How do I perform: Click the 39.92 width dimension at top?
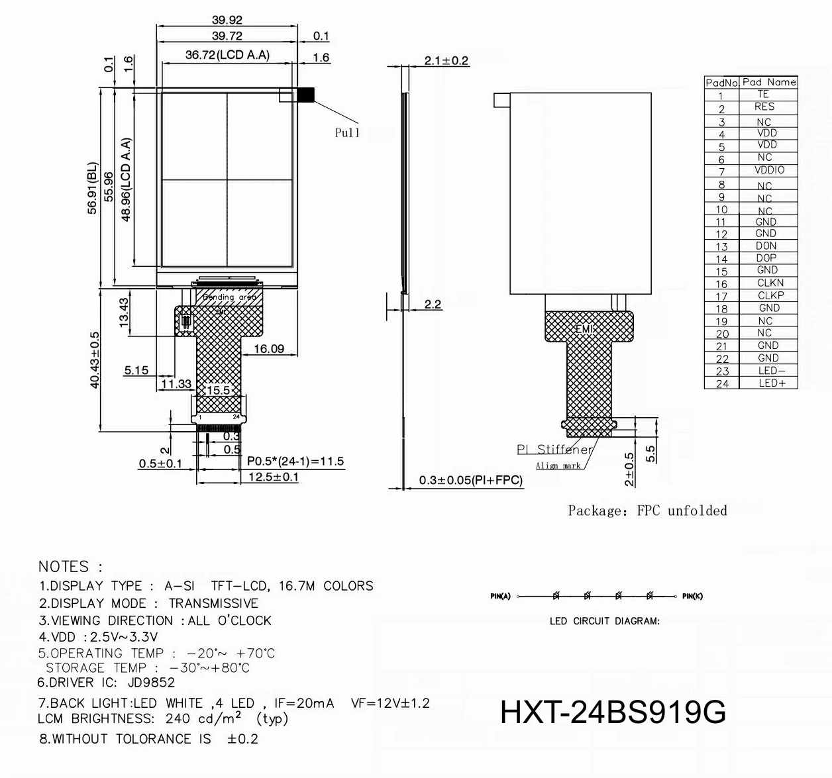click(x=227, y=20)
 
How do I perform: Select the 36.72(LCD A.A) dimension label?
click(x=227, y=55)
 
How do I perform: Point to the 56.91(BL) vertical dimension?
click(x=92, y=188)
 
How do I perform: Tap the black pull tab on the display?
click(x=306, y=95)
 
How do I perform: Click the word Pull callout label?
click(x=347, y=133)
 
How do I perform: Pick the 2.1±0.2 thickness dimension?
click(x=446, y=61)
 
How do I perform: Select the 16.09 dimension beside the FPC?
click(x=269, y=349)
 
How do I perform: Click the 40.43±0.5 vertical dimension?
click(x=94, y=360)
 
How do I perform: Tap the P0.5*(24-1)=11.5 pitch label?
click(x=295, y=462)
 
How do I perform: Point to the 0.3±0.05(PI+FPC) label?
click(x=471, y=481)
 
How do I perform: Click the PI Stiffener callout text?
click(x=554, y=450)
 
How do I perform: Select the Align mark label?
click(x=558, y=466)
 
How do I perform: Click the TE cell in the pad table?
click(x=763, y=95)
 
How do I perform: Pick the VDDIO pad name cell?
click(x=768, y=170)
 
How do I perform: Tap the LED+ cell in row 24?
click(x=768, y=383)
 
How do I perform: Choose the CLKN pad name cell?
click(x=770, y=283)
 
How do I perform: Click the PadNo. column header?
click(x=721, y=83)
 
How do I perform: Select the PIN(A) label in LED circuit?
click(x=500, y=596)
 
